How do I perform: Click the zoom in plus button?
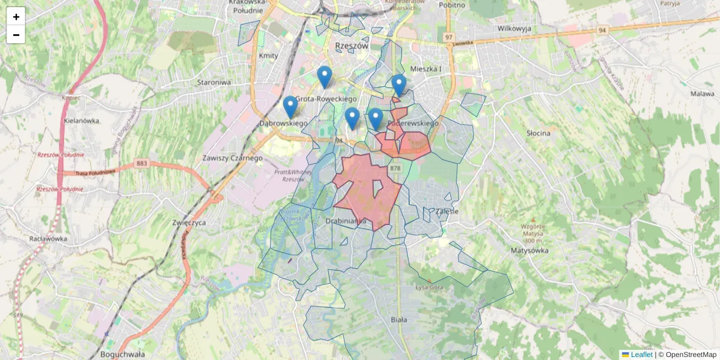(x=16, y=17)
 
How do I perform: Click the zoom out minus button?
(x=16, y=35)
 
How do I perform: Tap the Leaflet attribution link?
(x=641, y=355)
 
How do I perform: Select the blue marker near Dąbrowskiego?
(x=290, y=107)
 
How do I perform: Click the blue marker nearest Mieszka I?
(x=399, y=85)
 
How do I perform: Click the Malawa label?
(x=702, y=94)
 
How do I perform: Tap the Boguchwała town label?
(x=123, y=354)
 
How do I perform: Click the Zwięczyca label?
(x=189, y=222)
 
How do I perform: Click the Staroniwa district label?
(x=214, y=82)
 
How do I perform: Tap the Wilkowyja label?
(x=515, y=28)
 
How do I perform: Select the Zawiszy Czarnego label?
(x=233, y=158)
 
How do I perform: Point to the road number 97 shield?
(x=448, y=37)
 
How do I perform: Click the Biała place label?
(x=398, y=320)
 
